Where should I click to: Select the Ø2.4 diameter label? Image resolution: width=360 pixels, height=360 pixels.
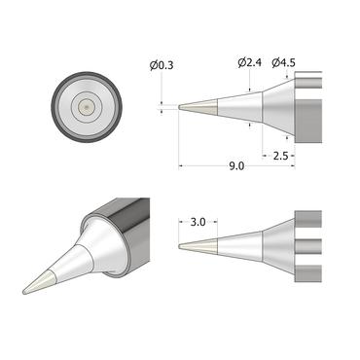point(249,63)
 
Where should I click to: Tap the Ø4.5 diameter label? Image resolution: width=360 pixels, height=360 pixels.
point(283,63)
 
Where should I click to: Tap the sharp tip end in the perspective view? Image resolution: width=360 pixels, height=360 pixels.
point(27,290)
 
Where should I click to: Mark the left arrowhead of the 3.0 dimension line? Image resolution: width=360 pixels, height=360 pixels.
point(182,222)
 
